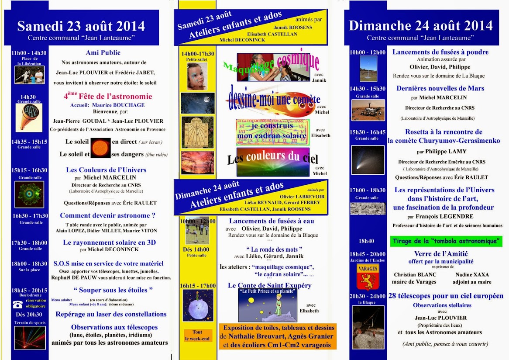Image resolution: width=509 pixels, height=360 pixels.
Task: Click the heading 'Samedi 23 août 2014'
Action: tap(81, 26)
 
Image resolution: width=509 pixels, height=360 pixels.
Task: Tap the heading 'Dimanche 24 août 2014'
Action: tap(420, 25)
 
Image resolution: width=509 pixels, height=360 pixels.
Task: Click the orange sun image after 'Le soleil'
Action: tap(100, 148)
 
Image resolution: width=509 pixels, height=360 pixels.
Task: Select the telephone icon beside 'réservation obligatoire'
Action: tap(17, 305)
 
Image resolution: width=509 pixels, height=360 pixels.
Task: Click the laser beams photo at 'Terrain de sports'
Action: tap(30, 337)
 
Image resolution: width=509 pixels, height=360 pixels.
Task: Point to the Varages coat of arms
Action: tap(368, 276)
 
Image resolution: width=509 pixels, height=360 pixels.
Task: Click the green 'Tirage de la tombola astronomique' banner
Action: tap(446, 241)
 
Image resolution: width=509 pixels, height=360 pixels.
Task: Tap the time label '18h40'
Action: tap(366, 241)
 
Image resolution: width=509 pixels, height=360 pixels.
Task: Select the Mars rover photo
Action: tap(368, 110)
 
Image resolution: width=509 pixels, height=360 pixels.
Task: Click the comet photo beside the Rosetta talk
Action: tap(368, 160)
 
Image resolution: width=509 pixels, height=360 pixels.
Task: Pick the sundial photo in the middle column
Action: tap(197, 132)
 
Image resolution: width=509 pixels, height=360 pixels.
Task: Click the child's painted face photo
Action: tap(197, 76)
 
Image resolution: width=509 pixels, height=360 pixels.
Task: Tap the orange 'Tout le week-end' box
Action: tap(197, 336)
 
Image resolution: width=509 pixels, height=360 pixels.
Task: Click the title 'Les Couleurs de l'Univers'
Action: tap(106, 170)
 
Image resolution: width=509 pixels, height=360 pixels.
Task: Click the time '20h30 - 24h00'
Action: tap(367, 296)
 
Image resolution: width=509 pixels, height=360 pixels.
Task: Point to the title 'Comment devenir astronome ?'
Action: tap(107, 215)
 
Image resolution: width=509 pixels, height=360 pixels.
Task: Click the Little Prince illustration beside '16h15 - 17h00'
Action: tap(198, 305)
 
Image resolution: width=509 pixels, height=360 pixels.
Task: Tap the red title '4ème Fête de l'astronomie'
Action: tap(107, 97)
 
